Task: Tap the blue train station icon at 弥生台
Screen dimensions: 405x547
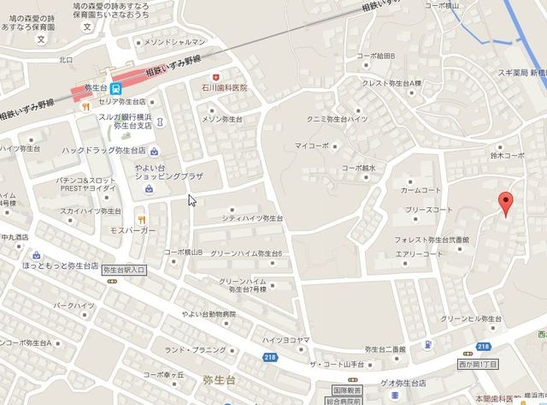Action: [117, 88]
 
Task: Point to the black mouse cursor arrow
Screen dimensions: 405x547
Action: [191, 200]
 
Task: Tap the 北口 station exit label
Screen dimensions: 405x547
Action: [66, 60]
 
